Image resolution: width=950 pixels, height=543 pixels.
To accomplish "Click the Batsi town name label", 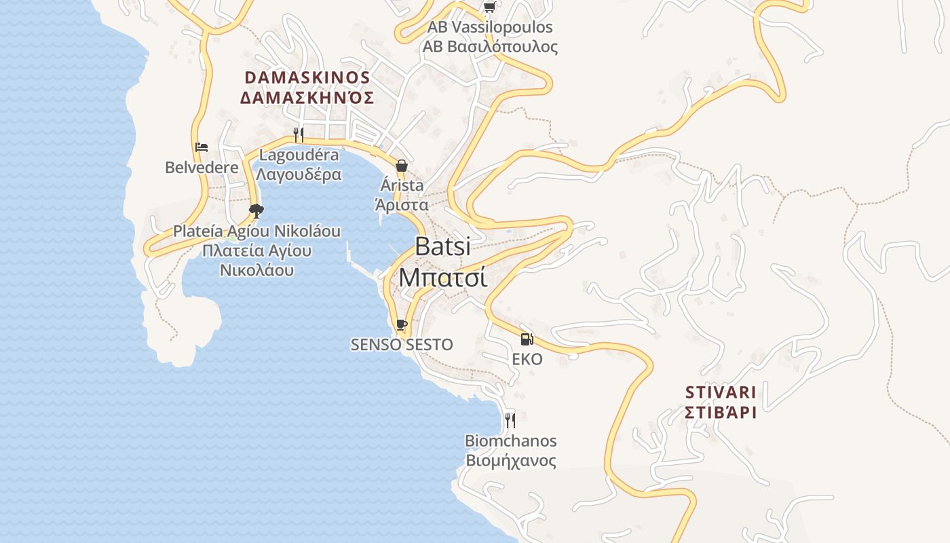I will click(x=442, y=246).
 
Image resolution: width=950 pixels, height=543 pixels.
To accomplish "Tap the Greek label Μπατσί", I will click(x=442, y=277).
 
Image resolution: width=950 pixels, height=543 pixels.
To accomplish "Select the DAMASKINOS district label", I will click(x=307, y=77).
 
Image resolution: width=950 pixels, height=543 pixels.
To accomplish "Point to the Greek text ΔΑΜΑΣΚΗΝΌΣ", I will click(x=307, y=98).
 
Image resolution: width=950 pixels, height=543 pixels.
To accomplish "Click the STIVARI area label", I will click(x=721, y=392).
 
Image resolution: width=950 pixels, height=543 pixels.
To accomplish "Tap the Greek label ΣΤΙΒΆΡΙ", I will click(x=721, y=412).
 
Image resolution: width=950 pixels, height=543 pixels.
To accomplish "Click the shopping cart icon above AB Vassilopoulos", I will click(x=489, y=7).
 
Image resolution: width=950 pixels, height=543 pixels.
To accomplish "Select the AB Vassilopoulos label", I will click(x=490, y=27).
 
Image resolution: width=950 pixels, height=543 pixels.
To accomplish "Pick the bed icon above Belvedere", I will click(x=202, y=147).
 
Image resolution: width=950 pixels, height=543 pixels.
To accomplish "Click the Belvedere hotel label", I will click(x=202, y=167).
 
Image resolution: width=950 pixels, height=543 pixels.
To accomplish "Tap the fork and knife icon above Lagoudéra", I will click(x=299, y=134).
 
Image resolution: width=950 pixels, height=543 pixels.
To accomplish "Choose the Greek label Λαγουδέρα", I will click(x=299, y=174).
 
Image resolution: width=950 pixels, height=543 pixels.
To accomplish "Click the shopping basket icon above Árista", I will click(x=402, y=166).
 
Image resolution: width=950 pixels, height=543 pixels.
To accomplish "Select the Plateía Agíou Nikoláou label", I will click(x=256, y=231).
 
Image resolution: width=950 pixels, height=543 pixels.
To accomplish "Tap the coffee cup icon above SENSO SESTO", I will click(x=402, y=324).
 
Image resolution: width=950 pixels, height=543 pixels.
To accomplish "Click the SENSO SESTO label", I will click(x=402, y=345).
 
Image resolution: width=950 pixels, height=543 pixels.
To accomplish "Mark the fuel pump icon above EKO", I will click(x=527, y=339).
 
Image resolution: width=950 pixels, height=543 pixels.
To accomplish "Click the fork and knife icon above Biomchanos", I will click(x=510, y=421).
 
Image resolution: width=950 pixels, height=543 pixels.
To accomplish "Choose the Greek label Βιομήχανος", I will click(x=510, y=461).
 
